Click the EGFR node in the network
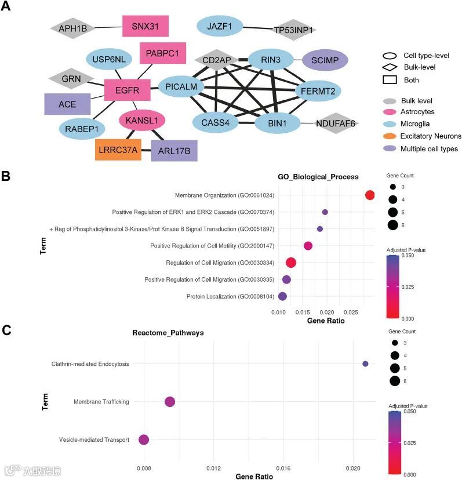coord(127,90)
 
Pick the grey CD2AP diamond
coord(216,59)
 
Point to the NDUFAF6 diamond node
coord(336,123)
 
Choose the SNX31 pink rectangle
coord(145,26)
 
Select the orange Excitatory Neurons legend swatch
coord(390,136)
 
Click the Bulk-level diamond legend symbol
coord(390,68)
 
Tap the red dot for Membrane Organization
coord(370,195)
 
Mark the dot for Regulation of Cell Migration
coord(291,263)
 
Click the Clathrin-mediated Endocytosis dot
coord(365,364)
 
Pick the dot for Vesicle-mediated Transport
coord(144,440)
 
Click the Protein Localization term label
coord(230,297)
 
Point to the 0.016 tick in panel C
coord(283,467)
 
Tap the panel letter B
coord(7,175)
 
